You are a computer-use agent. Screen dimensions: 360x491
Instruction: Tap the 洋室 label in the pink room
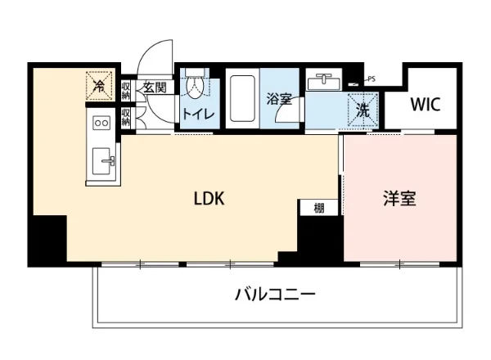tap(399, 198)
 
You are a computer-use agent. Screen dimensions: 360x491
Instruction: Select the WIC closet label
tap(426, 105)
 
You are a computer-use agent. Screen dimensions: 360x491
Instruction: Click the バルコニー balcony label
tap(275, 294)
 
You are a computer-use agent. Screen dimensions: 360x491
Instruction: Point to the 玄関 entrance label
tap(155, 87)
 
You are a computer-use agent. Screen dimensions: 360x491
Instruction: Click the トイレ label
tap(198, 114)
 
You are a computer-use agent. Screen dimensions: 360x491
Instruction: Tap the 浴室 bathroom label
tap(278, 99)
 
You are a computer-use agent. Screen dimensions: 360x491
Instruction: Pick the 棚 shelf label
tap(318, 208)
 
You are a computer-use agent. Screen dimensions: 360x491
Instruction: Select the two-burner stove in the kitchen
tap(103, 123)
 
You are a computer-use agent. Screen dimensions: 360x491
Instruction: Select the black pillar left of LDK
tap(47, 240)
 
